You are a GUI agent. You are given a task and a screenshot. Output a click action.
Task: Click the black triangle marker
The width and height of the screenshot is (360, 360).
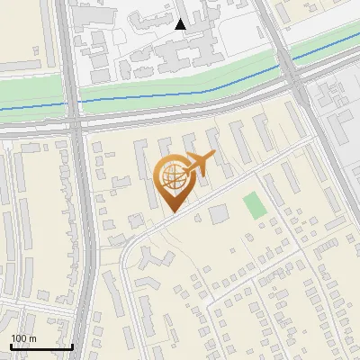coord(181,24)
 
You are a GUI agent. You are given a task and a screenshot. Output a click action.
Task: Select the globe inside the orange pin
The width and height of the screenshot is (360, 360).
coord(173,176)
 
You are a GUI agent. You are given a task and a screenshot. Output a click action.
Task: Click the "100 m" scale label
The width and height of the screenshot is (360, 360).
coord(22,337)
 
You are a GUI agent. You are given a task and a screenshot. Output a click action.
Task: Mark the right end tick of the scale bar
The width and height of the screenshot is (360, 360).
coord(72,346)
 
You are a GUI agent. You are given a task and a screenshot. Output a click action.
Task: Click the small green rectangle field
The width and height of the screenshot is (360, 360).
coord(255,204)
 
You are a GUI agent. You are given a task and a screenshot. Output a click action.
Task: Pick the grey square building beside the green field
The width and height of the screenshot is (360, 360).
coord(219,213)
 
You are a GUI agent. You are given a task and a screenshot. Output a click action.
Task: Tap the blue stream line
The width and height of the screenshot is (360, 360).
coord(180,93)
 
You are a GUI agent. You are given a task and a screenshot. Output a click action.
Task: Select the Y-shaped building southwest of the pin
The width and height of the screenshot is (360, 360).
coord(155,258)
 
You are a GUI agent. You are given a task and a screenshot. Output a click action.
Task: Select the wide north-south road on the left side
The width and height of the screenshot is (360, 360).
coord(82,225)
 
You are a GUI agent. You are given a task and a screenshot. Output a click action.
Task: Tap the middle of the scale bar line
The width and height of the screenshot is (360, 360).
coord(40,346)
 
